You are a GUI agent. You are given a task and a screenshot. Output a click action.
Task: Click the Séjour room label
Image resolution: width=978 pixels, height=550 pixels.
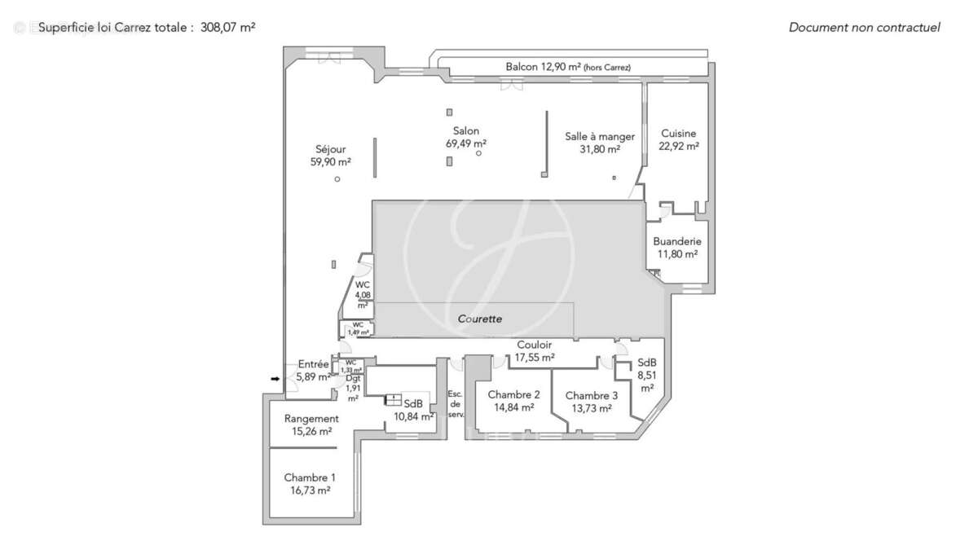[331, 149]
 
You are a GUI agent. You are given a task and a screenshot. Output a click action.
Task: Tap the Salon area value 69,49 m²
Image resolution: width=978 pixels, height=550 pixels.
[466, 143]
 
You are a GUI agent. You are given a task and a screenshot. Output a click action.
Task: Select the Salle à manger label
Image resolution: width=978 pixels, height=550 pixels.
[600, 137]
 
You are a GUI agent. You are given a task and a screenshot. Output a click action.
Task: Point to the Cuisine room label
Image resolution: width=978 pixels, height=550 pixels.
[678, 134]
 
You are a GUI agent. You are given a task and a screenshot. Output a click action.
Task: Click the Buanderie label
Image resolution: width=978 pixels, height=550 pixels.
[677, 242]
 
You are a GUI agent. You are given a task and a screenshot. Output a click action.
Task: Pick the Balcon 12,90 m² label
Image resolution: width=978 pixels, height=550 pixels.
[568, 67]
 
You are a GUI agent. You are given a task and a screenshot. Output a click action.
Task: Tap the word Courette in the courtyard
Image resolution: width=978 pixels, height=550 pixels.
[479, 319]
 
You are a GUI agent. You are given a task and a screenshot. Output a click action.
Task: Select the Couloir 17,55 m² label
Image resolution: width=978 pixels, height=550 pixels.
[535, 351]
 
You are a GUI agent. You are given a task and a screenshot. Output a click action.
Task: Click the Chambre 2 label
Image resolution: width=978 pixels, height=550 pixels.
[514, 395]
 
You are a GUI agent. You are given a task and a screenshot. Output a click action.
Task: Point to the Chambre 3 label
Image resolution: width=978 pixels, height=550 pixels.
[593, 395]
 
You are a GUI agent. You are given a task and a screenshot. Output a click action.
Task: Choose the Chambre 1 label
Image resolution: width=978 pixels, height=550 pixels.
[310, 477]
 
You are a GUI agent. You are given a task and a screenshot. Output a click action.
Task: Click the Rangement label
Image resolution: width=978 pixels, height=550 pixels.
[311, 419]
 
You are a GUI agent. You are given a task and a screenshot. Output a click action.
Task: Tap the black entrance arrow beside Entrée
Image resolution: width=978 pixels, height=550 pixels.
[275, 378]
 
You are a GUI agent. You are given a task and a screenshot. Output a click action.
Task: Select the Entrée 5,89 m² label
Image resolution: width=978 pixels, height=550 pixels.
[314, 371]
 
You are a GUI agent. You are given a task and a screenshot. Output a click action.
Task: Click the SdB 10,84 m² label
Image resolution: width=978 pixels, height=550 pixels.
[413, 410]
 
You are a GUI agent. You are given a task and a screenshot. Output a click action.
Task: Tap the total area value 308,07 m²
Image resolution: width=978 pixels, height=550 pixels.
[228, 27]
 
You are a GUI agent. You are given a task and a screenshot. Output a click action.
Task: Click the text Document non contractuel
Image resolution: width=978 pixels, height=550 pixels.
[864, 27]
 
